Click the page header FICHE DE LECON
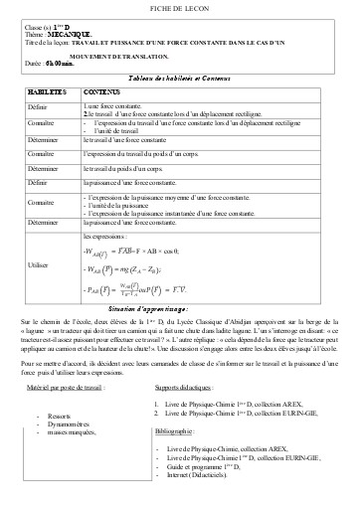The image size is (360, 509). [179, 10]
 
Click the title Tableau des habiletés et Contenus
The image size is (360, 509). [179, 77]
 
